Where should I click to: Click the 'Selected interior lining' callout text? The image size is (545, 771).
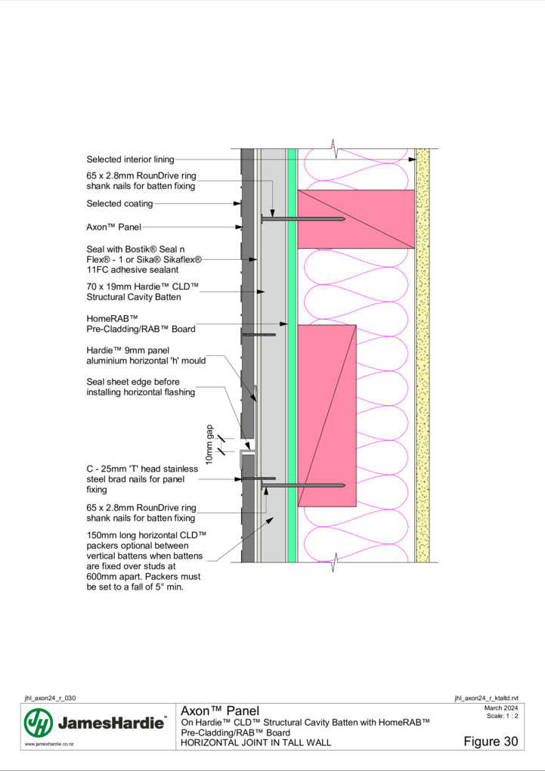pyautogui.click(x=130, y=159)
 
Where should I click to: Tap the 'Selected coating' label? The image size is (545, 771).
pyautogui.click(x=119, y=203)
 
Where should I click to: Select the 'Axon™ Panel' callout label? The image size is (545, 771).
pyautogui.click(x=113, y=228)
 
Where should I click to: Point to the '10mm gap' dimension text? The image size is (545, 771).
pyautogui.click(x=209, y=444)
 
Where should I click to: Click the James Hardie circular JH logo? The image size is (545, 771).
pyautogui.click(x=39, y=723)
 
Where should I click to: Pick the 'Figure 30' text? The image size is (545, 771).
pyautogui.click(x=491, y=742)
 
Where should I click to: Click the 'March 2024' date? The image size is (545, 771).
pyautogui.click(x=500, y=708)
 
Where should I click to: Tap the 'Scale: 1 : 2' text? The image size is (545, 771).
pyautogui.click(x=502, y=716)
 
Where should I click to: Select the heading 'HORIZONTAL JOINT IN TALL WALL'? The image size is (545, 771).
pyautogui.click(x=255, y=743)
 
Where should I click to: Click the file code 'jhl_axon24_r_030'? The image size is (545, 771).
pyautogui.click(x=50, y=698)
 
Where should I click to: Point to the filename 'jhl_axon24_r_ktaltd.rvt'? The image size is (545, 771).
pyautogui.click(x=486, y=698)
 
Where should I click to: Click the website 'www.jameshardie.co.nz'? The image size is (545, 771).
pyautogui.click(x=49, y=745)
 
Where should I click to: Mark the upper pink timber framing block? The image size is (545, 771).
pyautogui.click(x=356, y=219)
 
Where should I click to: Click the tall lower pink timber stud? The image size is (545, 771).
pyautogui.click(x=327, y=416)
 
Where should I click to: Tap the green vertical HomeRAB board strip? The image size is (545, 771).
pyautogui.click(x=292, y=355)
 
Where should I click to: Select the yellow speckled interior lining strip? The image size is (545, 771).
pyautogui.click(x=423, y=355)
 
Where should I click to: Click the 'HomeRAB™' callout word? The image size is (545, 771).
pyautogui.click(x=112, y=319)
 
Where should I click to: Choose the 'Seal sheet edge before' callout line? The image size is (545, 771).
pyautogui.click(x=133, y=382)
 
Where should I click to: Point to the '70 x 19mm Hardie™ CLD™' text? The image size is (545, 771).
pyautogui.click(x=143, y=286)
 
